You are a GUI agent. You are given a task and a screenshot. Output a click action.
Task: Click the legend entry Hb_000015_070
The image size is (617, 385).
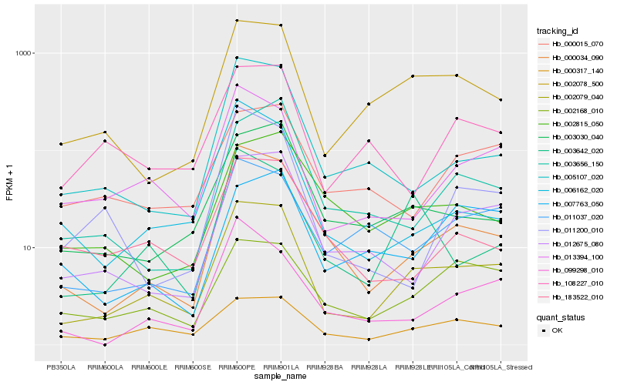571,44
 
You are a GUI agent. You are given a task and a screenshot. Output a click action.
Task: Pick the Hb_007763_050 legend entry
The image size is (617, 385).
571,203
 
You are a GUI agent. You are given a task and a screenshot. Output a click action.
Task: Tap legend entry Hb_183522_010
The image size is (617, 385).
571,296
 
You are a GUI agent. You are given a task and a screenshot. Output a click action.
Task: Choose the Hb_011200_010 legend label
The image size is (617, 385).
571,229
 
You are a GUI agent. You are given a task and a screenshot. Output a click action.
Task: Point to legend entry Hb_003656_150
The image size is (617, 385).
571,163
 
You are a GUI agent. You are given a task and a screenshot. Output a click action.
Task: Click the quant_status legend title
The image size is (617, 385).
561,317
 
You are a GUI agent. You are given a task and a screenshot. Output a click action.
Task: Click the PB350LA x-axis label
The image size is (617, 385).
61,367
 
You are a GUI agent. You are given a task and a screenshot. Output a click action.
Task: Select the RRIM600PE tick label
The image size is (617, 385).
237,367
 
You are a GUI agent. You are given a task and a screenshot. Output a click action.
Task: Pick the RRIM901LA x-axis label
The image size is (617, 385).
281,367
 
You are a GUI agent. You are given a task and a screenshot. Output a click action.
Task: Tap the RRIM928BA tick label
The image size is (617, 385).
325,367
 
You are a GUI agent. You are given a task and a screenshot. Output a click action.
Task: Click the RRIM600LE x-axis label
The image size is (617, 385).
149,367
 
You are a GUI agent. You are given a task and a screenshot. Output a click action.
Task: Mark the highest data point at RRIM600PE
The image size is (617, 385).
237,21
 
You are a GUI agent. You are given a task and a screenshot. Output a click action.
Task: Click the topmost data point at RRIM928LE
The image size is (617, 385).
413,76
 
